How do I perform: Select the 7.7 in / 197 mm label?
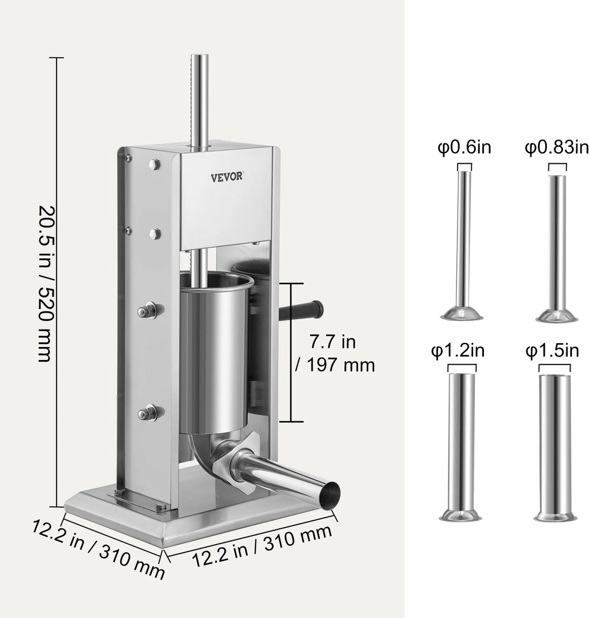pos(334,354)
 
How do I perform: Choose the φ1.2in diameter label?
pos(458,352)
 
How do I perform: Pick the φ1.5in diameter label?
pos(552,352)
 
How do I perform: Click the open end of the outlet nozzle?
pos(328,494)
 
